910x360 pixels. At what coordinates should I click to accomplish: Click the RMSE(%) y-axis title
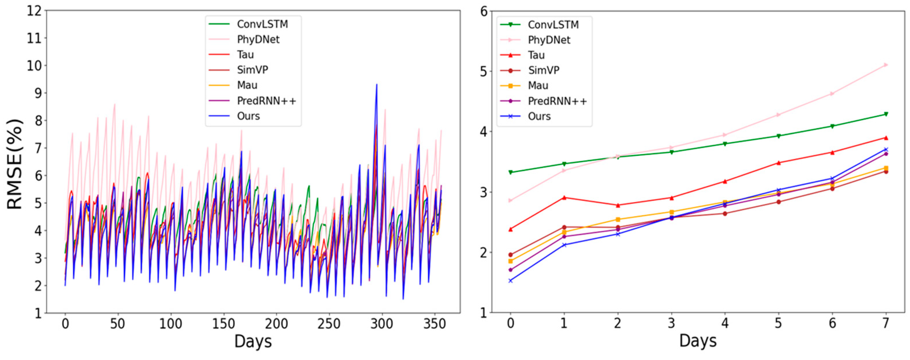pos(15,164)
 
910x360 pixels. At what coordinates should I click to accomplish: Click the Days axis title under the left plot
pos(253,342)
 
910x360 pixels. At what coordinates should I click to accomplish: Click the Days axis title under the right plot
pos(698,341)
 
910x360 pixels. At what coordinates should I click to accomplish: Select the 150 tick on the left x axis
pos(224,324)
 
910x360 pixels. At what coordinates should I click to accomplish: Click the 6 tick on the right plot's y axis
pos(484,11)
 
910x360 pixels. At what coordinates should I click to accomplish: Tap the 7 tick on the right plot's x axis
pos(886,323)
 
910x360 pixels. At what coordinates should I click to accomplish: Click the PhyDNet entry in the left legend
pos(258,39)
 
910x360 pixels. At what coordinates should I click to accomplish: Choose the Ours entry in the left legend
pos(248,116)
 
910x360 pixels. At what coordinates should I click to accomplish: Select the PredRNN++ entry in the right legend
pos(557,101)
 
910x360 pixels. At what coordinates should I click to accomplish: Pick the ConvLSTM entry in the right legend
pos(553,25)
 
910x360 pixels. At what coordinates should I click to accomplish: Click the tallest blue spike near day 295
pos(377,85)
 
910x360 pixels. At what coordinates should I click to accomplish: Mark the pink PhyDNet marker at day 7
pos(886,65)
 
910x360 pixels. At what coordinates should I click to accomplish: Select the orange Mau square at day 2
pos(618,219)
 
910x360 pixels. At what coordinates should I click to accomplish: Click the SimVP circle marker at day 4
pos(725,213)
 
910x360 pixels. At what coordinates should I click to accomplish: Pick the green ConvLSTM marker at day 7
pos(886,114)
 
